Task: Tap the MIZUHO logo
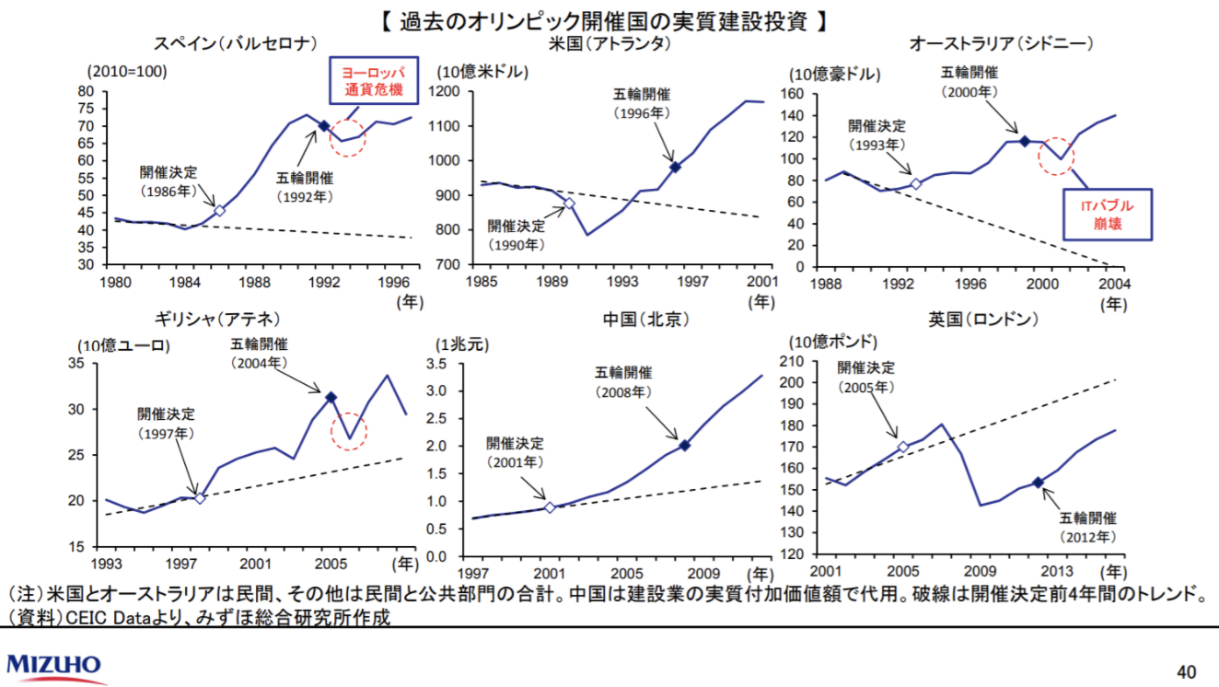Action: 54,665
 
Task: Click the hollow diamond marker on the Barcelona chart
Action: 219,210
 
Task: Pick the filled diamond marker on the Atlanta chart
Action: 675,167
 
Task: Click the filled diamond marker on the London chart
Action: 1038,483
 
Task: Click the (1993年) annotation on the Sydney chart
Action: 877,144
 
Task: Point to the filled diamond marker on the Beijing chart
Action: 684,445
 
